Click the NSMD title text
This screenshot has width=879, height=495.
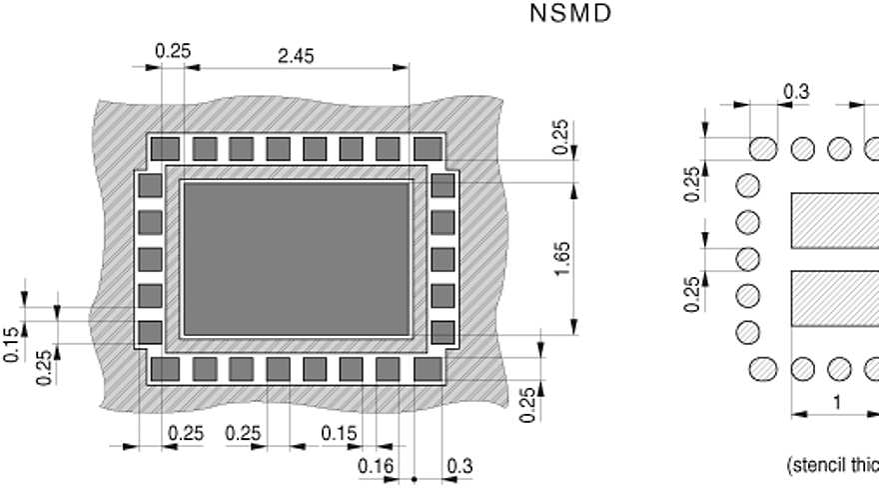[x=567, y=14]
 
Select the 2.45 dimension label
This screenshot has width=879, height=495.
[x=295, y=56]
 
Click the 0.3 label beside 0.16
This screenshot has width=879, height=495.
[x=459, y=465]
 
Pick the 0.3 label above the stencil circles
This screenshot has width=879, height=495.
[x=796, y=91]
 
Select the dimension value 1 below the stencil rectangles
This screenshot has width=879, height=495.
[x=837, y=402]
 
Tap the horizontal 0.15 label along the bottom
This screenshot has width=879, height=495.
[x=340, y=433]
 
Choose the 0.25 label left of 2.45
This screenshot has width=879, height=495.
[x=172, y=51]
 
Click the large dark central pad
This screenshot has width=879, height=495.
[x=297, y=259]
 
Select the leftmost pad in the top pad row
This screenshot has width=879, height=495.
[x=166, y=149]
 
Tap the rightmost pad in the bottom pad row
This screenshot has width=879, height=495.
[x=428, y=369]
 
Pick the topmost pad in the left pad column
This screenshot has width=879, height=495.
[x=150, y=185]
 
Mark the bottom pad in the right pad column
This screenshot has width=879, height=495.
[x=442, y=332]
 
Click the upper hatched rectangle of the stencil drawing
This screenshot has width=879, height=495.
[x=835, y=221]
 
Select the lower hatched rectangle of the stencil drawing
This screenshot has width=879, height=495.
[x=835, y=298]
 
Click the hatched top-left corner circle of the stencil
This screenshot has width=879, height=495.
[x=764, y=149]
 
